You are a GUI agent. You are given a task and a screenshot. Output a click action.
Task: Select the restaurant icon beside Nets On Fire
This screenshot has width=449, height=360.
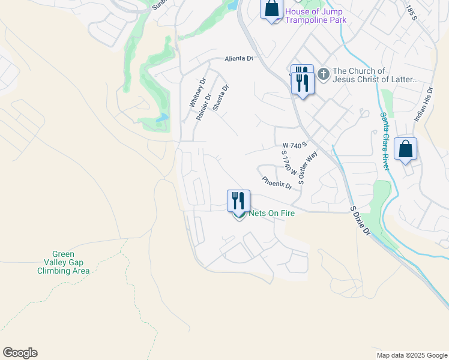[238, 200]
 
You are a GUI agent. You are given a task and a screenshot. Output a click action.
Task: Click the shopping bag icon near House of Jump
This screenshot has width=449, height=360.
[271, 9]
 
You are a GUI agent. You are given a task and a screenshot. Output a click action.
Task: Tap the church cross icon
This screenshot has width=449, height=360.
[323, 74]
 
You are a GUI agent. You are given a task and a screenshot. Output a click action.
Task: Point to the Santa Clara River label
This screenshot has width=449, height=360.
[384, 141]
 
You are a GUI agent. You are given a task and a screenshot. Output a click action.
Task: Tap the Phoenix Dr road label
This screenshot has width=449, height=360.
[276, 182]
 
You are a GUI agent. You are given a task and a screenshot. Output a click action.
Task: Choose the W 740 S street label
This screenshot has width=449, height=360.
[295, 145]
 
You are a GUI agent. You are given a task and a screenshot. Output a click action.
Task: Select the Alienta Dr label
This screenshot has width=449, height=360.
[240, 59]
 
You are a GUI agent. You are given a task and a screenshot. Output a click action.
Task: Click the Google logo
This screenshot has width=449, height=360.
[20, 353]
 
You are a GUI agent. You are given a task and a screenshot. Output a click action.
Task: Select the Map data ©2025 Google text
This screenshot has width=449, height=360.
[411, 355]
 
